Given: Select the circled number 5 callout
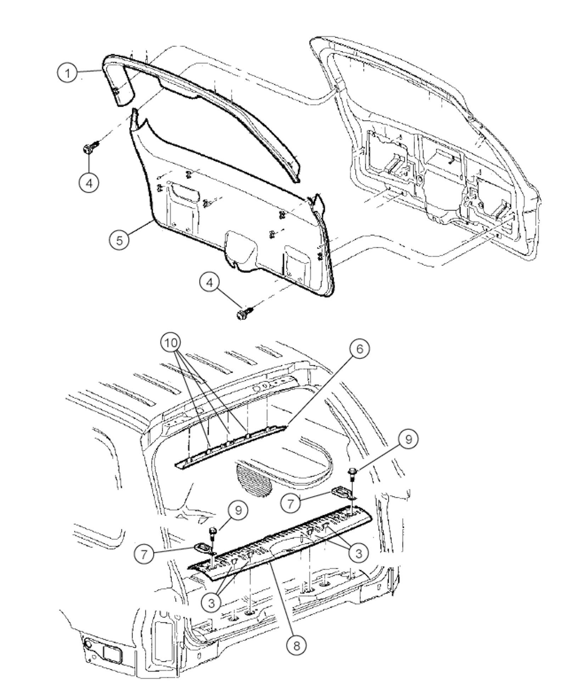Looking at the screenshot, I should (x=119, y=240).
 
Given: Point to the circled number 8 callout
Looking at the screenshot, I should (x=296, y=646).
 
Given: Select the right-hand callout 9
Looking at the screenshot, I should (x=409, y=439).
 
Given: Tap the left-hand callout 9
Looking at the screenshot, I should (x=238, y=510).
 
